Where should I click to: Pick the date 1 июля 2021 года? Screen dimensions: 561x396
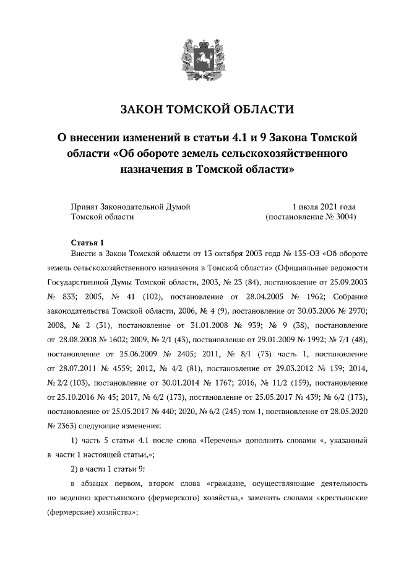click(324, 206)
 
